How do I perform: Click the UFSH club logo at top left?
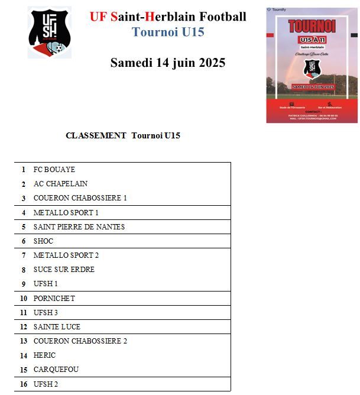point(50,32)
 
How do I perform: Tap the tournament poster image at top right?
point(312,65)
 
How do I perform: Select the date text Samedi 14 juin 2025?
point(168,63)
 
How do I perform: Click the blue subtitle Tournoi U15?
point(168,32)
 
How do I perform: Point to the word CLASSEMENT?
point(96,135)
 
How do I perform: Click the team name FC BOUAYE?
point(54,170)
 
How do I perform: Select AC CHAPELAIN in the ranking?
point(60,184)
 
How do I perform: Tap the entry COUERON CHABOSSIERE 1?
point(80,198)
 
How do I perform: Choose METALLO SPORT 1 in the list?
point(66,212)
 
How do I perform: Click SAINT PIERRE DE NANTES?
point(79,226)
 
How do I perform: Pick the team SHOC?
point(43,241)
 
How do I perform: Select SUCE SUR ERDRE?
point(64,270)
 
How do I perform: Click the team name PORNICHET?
point(54,298)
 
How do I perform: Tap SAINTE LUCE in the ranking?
point(57,326)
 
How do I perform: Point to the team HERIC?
point(44,355)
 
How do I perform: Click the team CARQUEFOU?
point(56,370)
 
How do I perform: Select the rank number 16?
point(24,384)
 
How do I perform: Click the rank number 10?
point(24,298)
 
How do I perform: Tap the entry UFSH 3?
point(46,312)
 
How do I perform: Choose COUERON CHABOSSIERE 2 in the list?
point(80,341)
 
